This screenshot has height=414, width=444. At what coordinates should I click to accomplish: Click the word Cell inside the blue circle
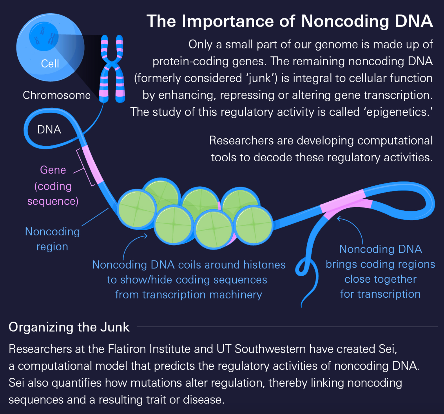pos(50,64)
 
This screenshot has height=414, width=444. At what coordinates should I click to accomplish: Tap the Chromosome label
pos(57,95)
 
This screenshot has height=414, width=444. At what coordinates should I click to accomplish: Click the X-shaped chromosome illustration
pos(112,69)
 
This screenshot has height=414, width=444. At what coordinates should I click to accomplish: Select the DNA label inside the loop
pos(49,130)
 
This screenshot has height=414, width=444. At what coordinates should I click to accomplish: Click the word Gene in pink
pos(53,170)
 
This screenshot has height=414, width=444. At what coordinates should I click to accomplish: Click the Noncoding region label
pos(52,239)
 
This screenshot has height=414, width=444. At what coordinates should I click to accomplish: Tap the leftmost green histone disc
pos(137,209)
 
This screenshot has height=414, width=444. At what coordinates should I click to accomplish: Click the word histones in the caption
pos(264,265)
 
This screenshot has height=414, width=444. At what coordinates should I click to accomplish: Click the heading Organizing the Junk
pos(69,327)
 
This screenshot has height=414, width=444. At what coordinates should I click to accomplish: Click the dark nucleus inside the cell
pos(44,37)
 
